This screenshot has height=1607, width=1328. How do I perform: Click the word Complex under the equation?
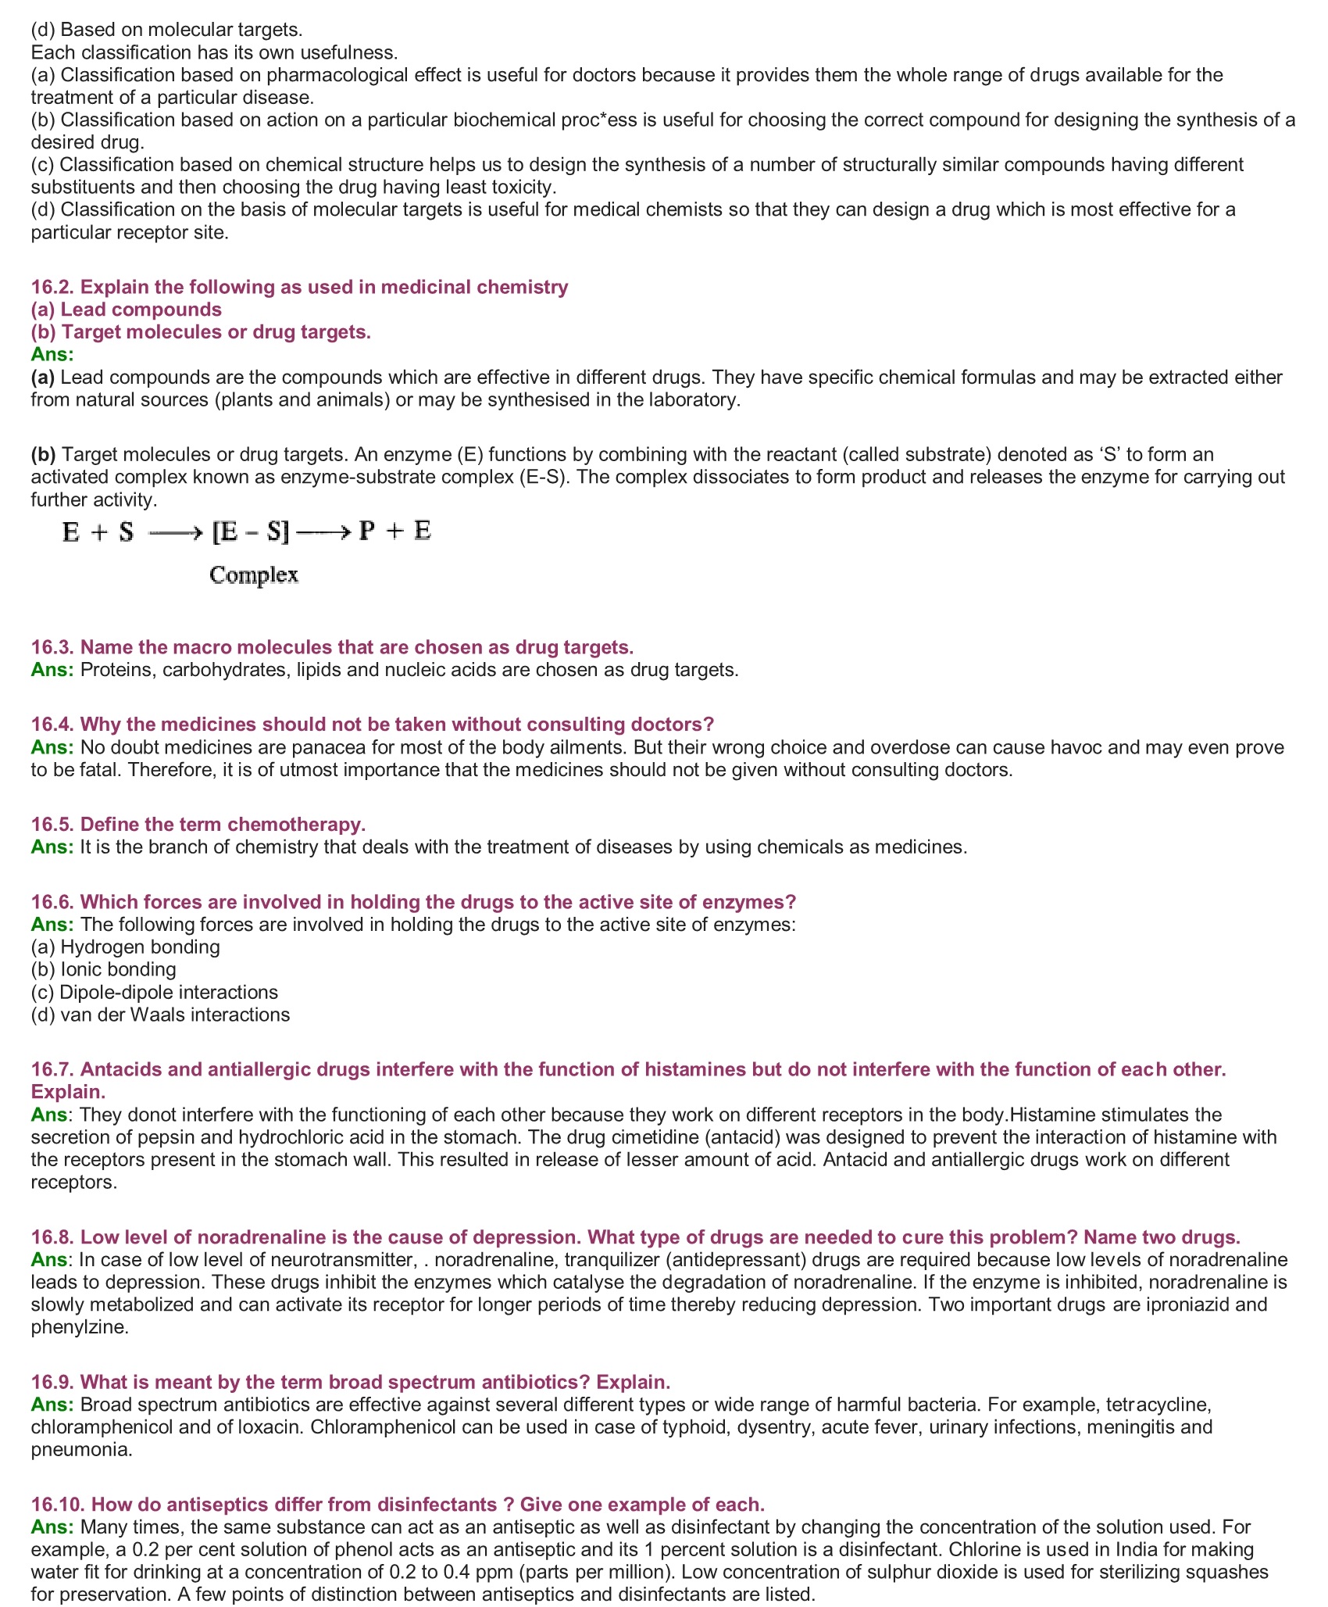[254, 575]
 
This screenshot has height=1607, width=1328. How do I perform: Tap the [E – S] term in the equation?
[251, 532]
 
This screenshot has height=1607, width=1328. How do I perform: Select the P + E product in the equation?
[394, 531]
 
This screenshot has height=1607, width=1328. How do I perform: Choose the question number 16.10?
[58, 1505]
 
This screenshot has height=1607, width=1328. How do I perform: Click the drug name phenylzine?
[78, 1327]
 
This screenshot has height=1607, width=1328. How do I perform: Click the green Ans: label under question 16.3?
[52, 670]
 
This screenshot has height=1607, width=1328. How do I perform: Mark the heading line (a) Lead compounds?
[127, 310]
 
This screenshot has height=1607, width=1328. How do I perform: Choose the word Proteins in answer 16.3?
[116, 670]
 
